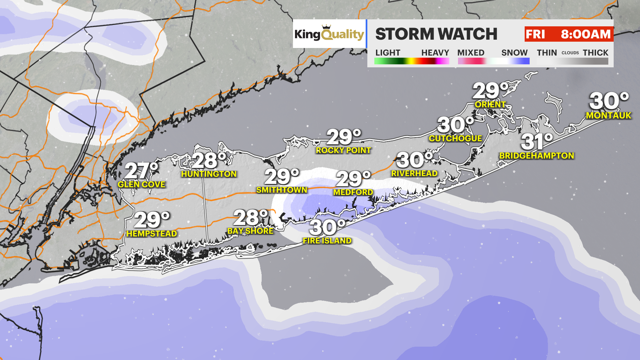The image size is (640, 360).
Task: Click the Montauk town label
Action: coord(608,116)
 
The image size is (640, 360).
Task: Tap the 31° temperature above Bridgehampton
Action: coord(537,142)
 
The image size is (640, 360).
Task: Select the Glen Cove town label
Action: coord(141,184)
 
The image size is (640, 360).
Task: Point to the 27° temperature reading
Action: coord(141,171)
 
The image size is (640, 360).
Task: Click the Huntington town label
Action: coord(209,174)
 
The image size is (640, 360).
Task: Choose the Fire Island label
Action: coord(327,241)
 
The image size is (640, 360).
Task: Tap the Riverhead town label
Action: coord(414,173)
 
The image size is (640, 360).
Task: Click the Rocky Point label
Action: coord(343,150)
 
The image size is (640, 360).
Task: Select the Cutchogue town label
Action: coord(455,138)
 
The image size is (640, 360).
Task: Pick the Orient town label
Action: coord(490,104)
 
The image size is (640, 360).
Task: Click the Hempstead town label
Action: coord(152,234)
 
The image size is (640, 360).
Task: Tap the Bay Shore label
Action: coord(250,231)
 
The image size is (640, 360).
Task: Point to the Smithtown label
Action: coord(282,190)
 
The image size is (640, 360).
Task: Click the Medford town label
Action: coord(353,192)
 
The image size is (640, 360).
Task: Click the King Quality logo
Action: coord(329,34)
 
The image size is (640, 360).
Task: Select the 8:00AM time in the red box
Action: coord(585,34)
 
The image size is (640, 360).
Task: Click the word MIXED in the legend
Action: coord(471,53)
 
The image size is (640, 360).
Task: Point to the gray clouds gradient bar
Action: coord(572,61)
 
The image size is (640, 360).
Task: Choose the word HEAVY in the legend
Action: coord(435,53)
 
